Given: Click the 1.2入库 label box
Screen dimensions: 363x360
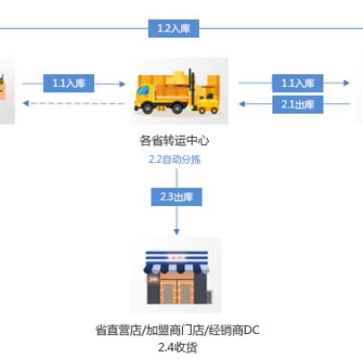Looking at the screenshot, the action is (174, 29).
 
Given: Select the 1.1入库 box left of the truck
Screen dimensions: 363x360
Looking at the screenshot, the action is (69, 83).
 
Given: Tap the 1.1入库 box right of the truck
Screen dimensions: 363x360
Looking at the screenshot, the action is (298, 83).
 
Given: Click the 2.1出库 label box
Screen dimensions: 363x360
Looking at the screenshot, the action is (298, 105).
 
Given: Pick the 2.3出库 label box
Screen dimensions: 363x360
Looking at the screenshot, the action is (177, 197).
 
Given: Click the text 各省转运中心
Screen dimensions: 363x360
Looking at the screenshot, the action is (174, 141).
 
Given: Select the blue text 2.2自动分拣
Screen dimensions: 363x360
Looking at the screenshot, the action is (175, 159).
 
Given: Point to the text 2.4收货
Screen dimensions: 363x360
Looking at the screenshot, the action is (177, 347).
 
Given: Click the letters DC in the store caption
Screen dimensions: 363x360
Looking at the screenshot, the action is (252, 330).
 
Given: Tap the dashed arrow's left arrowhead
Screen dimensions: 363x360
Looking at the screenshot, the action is (26, 103).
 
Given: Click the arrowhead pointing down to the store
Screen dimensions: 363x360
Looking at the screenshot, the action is (177, 232).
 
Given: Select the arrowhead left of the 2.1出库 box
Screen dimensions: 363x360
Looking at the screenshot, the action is (242, 104).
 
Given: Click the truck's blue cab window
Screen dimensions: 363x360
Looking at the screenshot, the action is (143, 90).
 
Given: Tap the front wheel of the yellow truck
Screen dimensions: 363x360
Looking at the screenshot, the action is (147, 107).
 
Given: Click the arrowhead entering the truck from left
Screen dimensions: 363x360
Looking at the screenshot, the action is (123, 84).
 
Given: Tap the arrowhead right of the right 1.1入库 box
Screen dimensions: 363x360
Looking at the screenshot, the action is (347, 82).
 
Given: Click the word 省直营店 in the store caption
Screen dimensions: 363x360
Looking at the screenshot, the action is (118, 330).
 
